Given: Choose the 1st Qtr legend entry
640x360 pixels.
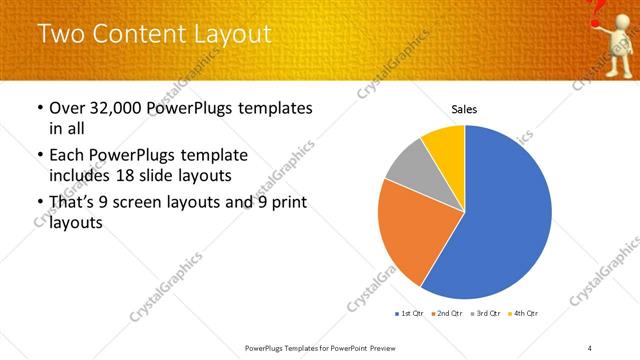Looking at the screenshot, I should click(x=409, y=313).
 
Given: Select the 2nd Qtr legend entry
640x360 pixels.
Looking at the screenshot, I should click(x=446, y=313).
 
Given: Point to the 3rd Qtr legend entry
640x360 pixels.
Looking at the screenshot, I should click(x=485, y=313).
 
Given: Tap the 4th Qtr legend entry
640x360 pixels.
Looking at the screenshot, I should click(x=523, y=313).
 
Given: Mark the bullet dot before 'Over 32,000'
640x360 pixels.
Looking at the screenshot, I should click(x=39, y=108).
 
